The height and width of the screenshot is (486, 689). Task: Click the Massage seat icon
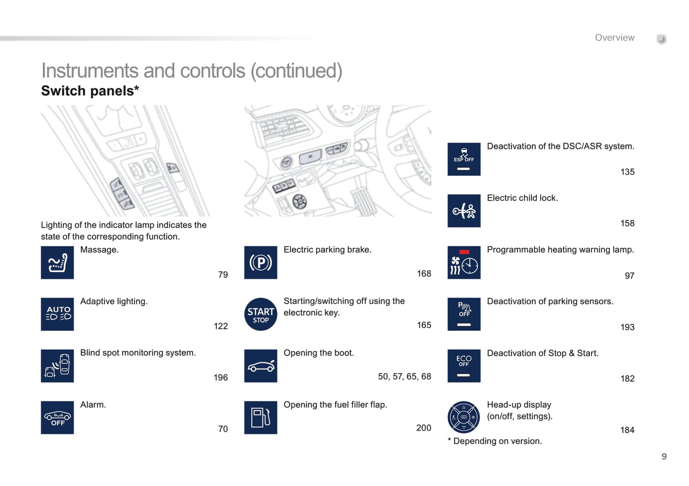57,262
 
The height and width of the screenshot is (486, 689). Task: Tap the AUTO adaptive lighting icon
57,314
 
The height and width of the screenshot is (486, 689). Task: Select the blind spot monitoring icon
57,366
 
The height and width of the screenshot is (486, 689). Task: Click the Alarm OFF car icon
57,417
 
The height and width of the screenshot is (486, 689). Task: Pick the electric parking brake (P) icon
260,262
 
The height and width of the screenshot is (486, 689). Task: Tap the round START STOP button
260,314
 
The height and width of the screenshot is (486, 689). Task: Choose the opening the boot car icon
260,366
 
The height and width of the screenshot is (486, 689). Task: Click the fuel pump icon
260,417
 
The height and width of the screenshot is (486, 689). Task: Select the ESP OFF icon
464,159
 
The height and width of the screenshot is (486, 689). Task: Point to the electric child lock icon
464,211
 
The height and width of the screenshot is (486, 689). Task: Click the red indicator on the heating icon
464,252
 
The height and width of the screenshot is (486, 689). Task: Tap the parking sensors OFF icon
464,314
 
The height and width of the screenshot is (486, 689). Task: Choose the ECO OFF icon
464,366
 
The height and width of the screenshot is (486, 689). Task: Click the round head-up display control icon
464,417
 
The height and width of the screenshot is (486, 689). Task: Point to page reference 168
424,273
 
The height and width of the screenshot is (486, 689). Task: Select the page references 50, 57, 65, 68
404,376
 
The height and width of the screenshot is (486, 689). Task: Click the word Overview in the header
615,38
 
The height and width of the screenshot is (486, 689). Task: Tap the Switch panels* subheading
90,91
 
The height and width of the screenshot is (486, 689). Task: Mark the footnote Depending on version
494,441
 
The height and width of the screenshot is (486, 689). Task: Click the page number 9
664,456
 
